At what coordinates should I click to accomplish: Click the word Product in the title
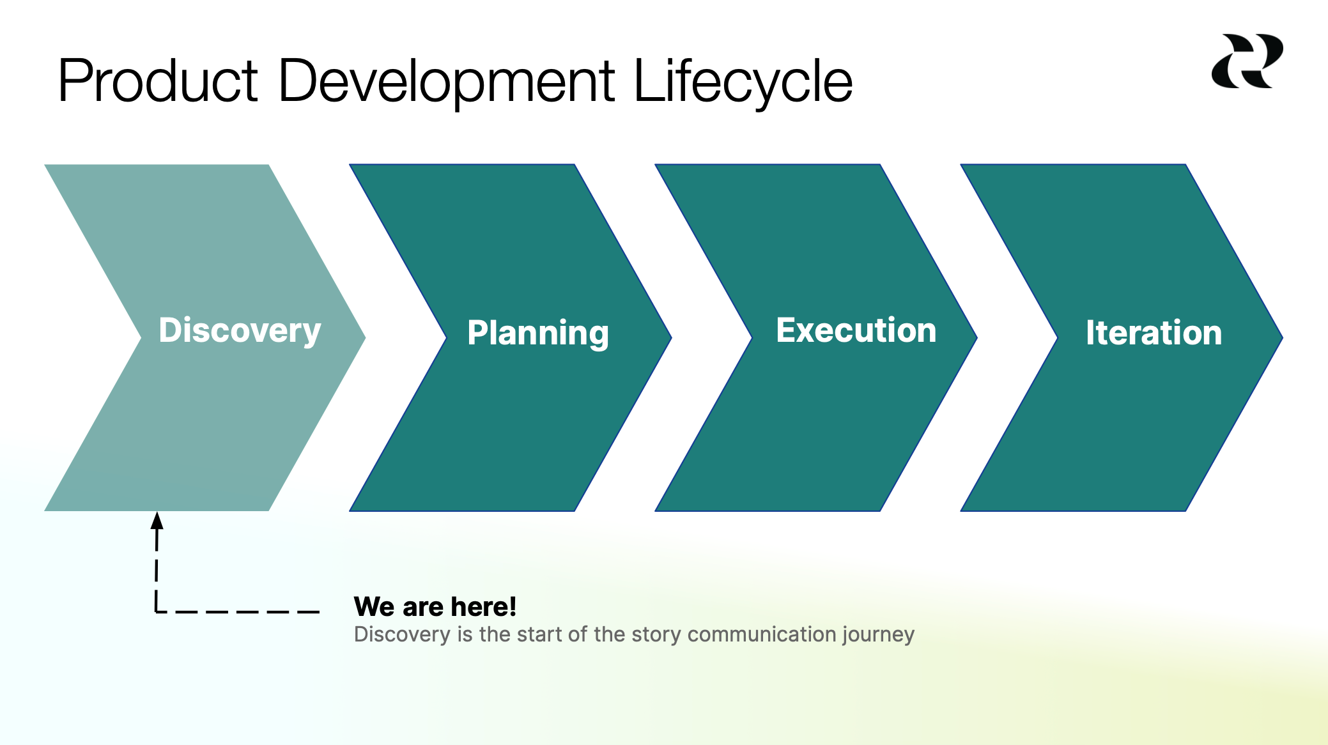pos(158,81)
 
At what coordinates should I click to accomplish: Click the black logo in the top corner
pos(1247,61)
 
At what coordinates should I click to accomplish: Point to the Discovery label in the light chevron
pos(240,332)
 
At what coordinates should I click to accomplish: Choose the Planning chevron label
pos(538,334)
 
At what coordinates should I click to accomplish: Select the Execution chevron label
pos(856,330)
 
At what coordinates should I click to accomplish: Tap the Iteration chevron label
pos(1154,333)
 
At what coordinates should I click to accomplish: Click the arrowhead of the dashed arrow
pos(157,520)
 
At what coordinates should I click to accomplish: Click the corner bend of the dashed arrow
pos(157,611)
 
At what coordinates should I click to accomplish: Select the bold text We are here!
pos(435,606)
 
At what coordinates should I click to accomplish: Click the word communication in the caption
pos(762,634)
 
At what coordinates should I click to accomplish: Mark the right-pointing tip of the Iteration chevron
pos(1282,337)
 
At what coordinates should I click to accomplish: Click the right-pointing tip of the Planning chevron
pos(671,337)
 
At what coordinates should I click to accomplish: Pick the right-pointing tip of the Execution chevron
pos(977,337)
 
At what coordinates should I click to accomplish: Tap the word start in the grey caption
pos(539,634)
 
